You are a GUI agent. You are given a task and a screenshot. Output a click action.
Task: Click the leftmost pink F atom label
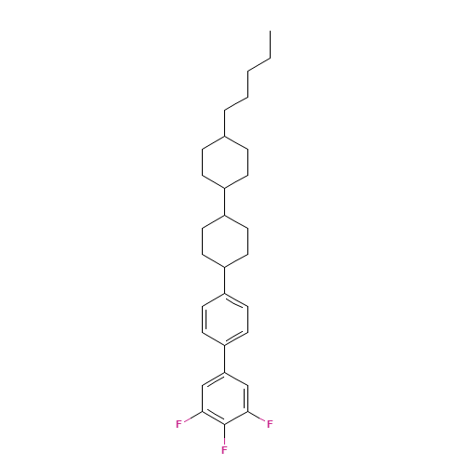point(179,424)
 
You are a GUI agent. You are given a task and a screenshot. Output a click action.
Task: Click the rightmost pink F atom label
point(270,424)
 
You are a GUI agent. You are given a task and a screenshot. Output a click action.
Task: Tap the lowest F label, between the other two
point(224,450)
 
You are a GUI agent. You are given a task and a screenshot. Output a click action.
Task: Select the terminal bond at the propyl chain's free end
point(259,64)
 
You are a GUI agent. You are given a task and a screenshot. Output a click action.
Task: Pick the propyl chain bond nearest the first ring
point(235,103)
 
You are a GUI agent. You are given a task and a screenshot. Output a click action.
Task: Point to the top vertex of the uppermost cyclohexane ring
point(224,135)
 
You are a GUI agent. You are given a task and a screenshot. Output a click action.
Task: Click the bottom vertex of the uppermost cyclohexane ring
point(224,188)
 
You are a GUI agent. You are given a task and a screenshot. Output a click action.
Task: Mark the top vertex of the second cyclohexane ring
point(224,214)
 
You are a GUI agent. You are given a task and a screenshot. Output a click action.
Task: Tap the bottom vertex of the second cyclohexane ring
point(224,266)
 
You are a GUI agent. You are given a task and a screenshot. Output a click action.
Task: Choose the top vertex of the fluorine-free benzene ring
point(224,293)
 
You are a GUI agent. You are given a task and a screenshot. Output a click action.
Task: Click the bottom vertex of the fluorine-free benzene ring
point(224,345)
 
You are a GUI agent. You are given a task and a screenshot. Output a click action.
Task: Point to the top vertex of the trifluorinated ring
point(224,372)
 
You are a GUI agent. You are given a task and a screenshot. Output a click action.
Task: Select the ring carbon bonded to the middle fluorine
point(224,424)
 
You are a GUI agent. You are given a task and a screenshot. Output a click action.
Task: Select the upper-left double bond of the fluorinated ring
point(213,379)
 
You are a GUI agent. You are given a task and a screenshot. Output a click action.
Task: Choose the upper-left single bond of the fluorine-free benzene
point(213,299)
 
